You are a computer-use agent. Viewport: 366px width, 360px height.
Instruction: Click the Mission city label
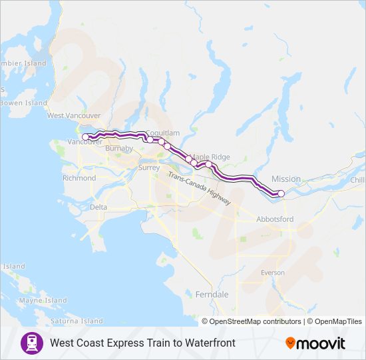286,179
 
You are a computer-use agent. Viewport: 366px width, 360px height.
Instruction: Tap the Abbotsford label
275,219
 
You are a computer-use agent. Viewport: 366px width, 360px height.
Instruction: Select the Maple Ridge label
210,157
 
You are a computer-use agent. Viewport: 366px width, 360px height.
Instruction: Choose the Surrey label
148,168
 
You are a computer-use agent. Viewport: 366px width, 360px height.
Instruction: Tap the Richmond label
79,178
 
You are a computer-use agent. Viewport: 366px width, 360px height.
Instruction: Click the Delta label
98,207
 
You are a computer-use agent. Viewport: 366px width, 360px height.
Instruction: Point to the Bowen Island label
24,103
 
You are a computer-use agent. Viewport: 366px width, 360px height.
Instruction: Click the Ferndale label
212,294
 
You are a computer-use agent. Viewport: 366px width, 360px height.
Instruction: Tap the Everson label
272,273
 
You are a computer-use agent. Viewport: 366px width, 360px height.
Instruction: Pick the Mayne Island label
43,301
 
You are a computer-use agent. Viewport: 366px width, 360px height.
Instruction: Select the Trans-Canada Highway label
200,189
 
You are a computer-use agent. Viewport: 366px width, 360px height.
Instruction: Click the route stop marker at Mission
281,193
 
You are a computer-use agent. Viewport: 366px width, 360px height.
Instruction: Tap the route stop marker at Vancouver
85,137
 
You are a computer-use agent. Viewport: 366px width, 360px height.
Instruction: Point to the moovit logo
315,343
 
